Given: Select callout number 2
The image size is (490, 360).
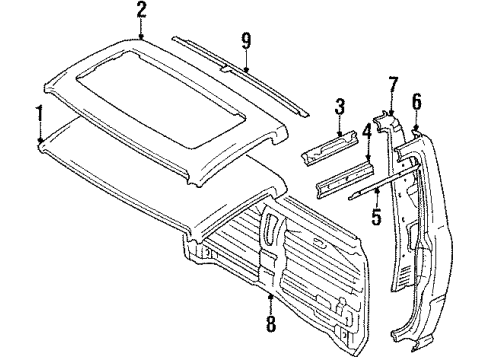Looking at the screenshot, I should (x=142, y=11).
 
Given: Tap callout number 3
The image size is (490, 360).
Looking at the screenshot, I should (x=340, y=105).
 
